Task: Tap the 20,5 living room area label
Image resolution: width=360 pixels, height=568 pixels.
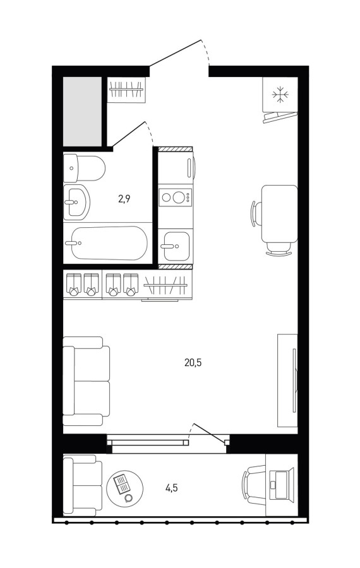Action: click(x=193, y=362)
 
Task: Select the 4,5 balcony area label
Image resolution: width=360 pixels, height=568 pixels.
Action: click(x=171, y=488)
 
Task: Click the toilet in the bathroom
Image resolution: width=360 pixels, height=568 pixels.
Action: click(x=84, y=169)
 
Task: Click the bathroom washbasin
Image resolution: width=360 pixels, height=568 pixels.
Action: click(x=76, y=202)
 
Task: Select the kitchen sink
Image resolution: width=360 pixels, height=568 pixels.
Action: click(x=176, y=246)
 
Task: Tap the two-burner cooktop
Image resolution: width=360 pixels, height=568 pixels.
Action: click(x=176, y=198)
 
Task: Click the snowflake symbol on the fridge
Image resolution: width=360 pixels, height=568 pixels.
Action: click(x=280, y=95)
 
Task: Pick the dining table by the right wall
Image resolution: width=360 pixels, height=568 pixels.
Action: click(x=279, y=214)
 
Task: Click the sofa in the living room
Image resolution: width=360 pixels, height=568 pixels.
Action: click(x=87, y=381)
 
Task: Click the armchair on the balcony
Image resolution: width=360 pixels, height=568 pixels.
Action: click(x=83, y=485)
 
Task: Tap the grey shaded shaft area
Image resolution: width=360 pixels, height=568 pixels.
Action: click(x=82, y=111)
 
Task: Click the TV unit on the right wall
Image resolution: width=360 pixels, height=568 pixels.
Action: click(x=288, y=381)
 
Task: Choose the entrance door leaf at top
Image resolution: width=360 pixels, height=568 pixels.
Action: click(x=175, y=53)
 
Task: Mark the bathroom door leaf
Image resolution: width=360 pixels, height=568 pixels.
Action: click(x=129, y=134)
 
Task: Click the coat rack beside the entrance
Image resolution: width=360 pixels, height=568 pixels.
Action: click(x=126, y=90)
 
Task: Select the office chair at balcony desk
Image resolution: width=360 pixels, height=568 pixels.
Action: click(x=254, y=484)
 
